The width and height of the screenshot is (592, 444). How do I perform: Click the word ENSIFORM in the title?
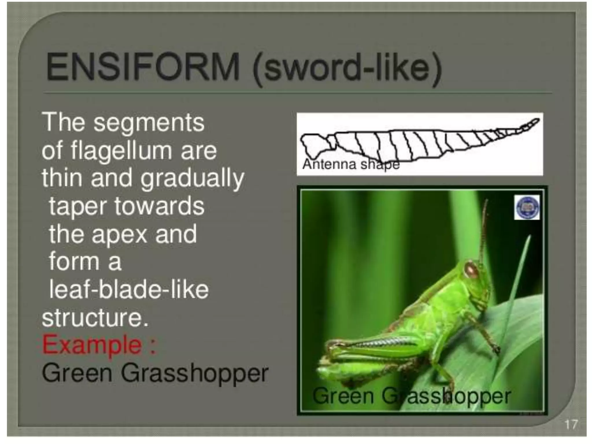pyautogui.click(x=143, y=67)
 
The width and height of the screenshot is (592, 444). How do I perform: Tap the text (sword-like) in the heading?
pyautogui.click(x=347, y=69)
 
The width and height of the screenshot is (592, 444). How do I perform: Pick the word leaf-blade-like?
pyautogui.click(x=129, y=290)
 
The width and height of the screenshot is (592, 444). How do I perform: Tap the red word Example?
pyautogui.click(x=92, y=345)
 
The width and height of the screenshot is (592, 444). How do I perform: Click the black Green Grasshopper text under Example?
pyautogui.click(x=155, y=373)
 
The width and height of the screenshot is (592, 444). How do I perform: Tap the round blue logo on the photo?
pyautogui.click(x=527, y=207)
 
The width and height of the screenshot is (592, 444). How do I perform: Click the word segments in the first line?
pyautogui.click(x=149, y=123)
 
